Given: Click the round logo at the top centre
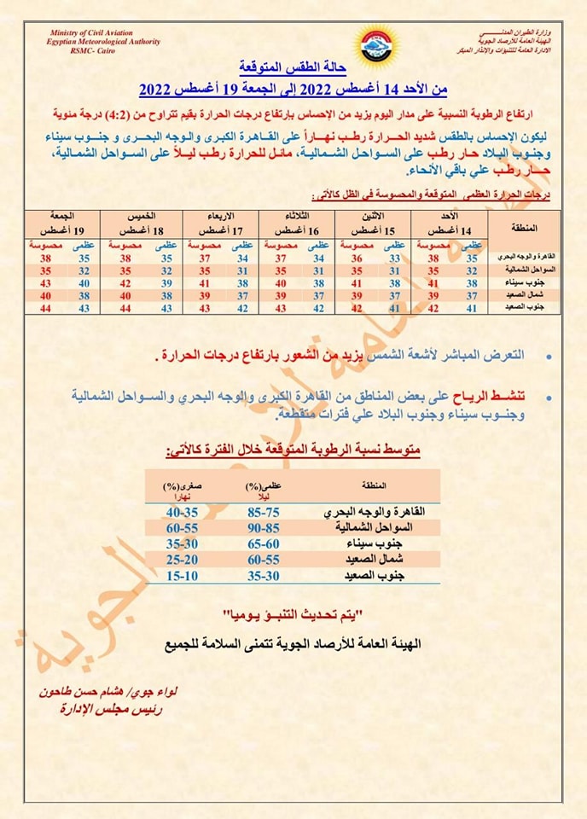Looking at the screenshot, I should click(x=376, y=43).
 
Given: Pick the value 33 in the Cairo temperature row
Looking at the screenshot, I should click(x=395, y=257).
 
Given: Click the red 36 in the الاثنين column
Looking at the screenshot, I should click(x=357, y=257).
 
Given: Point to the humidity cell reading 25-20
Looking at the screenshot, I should click(x=182, y=561).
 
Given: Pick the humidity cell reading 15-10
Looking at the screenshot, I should click(x=182, y=577).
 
